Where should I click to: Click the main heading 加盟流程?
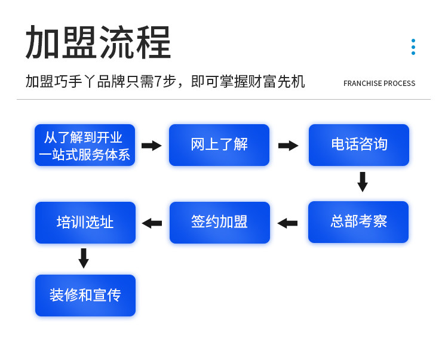[98, 42]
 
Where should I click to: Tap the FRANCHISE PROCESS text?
[379, 84]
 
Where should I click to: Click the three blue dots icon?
[413, 47]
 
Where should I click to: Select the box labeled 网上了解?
[219, 145]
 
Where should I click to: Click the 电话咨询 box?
[359, 145]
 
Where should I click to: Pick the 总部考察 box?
[358, 222]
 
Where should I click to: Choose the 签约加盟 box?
[220, 223]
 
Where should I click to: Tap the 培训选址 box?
[85, 223]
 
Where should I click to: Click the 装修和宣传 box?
[85, 296]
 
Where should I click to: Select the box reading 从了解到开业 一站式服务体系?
[85, 145]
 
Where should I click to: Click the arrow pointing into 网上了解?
[152, 146]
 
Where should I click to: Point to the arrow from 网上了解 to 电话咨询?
[289, 146]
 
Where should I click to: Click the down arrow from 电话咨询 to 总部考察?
[363, 182]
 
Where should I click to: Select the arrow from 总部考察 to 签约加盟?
[287, 223]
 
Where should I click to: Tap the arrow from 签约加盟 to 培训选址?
[152, 223]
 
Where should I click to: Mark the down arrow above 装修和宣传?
[84, 259]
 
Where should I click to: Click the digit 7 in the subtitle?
[158, 82]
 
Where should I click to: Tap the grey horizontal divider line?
[224, 99]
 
